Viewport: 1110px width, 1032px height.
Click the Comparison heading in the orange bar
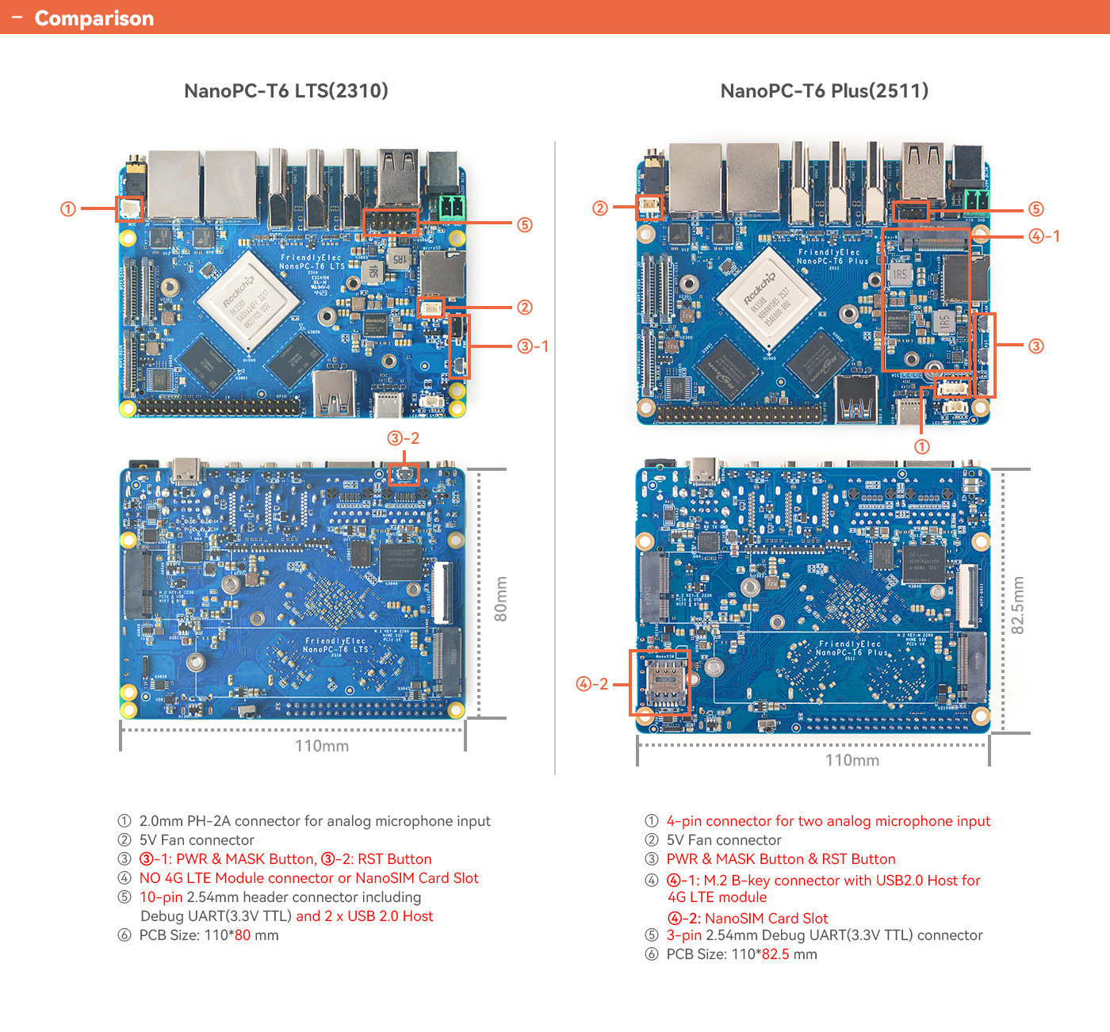94,18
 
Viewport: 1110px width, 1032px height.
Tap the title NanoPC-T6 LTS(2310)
286,90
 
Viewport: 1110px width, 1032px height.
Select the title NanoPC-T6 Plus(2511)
824,90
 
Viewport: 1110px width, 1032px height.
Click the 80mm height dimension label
501,599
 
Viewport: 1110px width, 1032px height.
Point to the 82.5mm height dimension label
1018,606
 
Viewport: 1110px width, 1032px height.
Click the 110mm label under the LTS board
322,746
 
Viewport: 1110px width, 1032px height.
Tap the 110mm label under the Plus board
852,760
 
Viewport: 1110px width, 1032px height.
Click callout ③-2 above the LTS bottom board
403,438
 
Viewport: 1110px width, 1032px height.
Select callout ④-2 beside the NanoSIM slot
592,684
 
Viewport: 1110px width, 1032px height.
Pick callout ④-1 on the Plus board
1044,236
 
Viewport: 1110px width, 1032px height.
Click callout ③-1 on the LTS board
533,346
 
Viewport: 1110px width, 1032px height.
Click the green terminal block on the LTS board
452,208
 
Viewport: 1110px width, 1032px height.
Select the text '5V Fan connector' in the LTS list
197,840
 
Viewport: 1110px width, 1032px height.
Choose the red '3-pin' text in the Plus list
684,935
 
